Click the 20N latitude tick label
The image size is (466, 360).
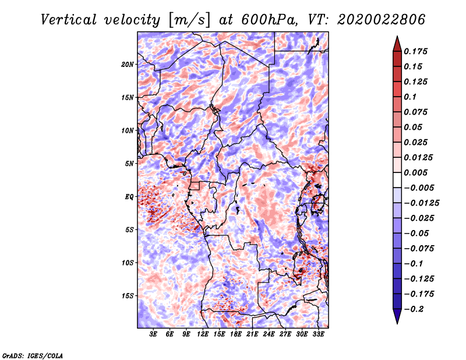[128, 65]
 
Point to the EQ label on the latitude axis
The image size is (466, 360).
[129, 197]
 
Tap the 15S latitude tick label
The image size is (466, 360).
[128, 296]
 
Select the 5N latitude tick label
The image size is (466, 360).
[129, 164]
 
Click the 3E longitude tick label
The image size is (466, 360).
[153, 334]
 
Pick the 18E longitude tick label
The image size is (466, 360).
[236, 334]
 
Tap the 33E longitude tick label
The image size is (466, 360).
[318, 334]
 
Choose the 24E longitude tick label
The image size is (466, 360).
[269, 334]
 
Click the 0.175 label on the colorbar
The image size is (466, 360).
[415, 51]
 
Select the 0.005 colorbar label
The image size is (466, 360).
[415, 172]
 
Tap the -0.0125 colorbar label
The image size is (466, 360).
[421, 203]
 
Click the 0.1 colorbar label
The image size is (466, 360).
[410, 97]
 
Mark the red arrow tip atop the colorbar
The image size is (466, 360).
[397, 37]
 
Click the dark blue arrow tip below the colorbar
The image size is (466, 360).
[397, 323]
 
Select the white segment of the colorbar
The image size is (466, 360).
[397, 180]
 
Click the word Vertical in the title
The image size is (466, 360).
[69, 20]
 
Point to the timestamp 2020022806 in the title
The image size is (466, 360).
[382, 20]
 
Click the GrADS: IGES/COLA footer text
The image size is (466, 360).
[33, 355]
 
